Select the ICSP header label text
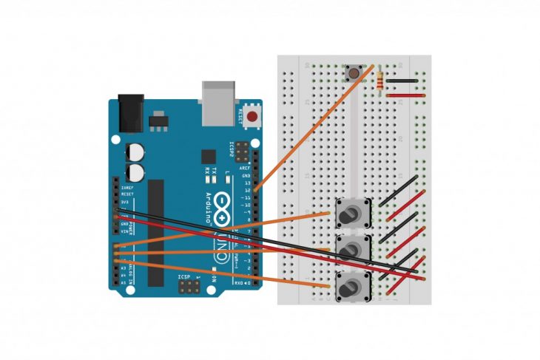(185, 278)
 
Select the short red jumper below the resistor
(405, 95)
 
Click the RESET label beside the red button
(241, 115)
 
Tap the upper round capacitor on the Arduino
(136, 151)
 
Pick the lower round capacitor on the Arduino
(136, 173)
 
